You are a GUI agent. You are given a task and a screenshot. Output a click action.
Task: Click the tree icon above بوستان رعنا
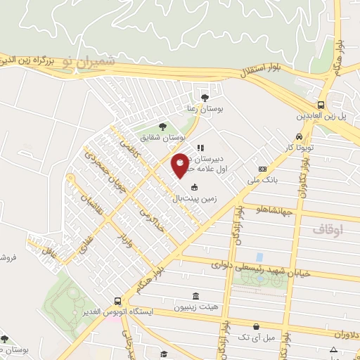(205, 98)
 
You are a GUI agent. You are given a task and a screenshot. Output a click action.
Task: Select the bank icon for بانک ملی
(262, 169)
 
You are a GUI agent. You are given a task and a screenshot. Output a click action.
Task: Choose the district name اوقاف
(326, 229)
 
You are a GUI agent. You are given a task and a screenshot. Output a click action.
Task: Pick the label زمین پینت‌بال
(194, 199)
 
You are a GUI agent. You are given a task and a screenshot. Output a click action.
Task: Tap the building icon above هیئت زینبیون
(195, 297)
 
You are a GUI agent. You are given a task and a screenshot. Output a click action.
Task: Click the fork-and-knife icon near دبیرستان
(200, 148)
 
